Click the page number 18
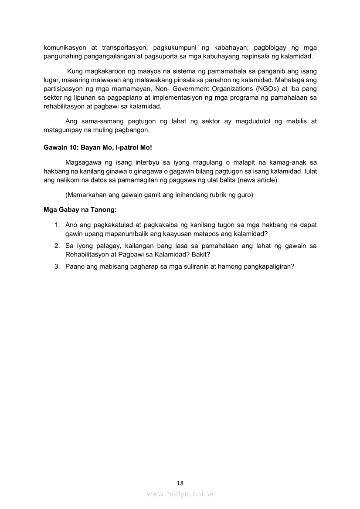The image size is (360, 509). tap(180, 483)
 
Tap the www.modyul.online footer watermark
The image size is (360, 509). tap(180, 494)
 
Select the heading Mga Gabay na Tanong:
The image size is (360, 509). tap(80, 209)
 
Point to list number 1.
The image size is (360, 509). tap(57, 225)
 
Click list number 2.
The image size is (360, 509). tap(57, 246)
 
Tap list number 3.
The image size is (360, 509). tap(57, 267)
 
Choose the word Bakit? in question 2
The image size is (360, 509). tap(201, 254)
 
